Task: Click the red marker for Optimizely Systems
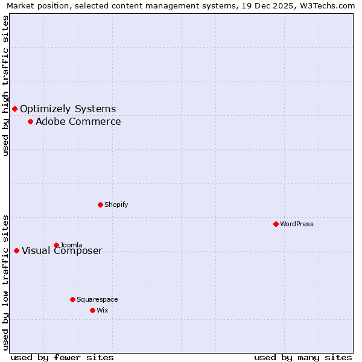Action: (x=15, y=109)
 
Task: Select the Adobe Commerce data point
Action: (x=30, y=122)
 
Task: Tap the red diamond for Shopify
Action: (x=101, y=205)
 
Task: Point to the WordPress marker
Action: (x=276, y=224)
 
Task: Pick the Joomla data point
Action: (x=57, y=245)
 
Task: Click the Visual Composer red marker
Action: (x=16, y=250)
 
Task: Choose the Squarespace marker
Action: (x=73, y=299)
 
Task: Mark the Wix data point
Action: (x=92, y=310)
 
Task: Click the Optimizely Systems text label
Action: (x=68, y=109)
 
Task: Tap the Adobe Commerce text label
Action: (x=78, y=122)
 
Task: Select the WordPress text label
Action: (x=296, y=224)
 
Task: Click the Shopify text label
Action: (x=116, y=205)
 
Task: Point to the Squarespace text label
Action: (x=97, y=300)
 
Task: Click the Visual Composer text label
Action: (x=62, y=251)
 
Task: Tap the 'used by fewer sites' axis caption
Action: (x=62, y=358)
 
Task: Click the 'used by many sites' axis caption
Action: (x=303, y=358)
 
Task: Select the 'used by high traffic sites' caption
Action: (x=5, y=86)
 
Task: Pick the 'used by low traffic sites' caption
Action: (x=5, y=282)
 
